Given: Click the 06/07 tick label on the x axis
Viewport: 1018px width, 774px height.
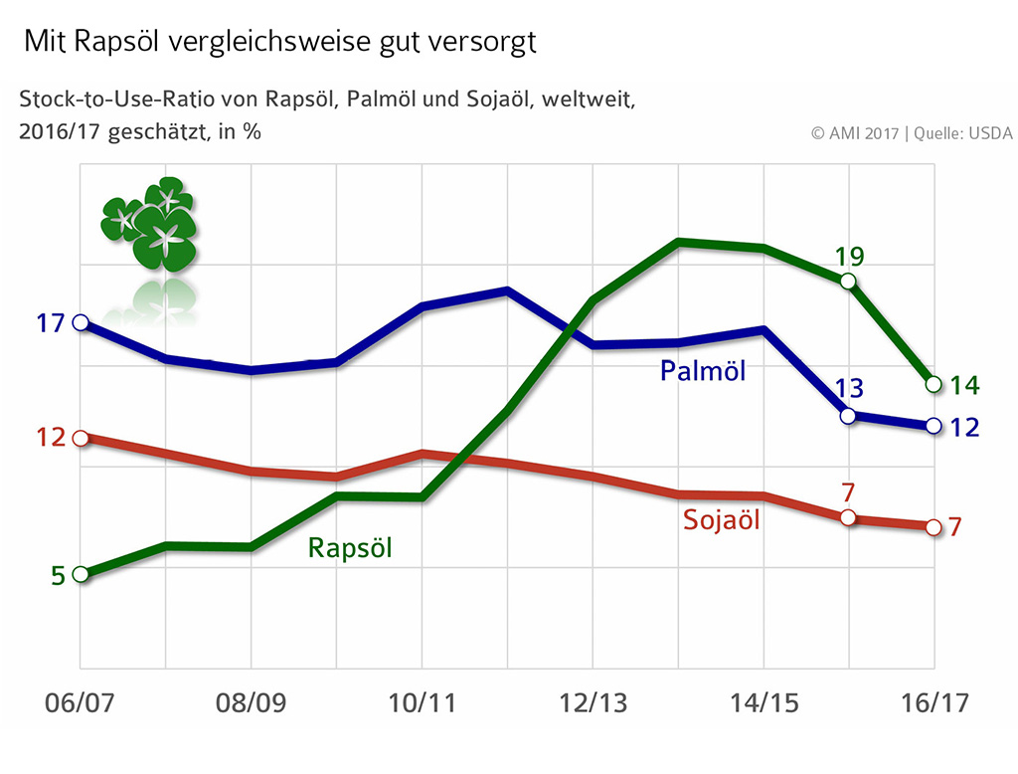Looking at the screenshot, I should click(x=80, y=703).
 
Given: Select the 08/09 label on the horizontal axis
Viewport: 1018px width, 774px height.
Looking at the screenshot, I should click(x=251, y=703).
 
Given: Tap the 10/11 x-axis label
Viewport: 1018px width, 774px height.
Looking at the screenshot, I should click(x=422, y=703).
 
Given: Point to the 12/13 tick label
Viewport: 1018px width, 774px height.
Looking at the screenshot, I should click(x=593, y=703).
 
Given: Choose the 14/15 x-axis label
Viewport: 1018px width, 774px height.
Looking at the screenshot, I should click(x=763, y=703).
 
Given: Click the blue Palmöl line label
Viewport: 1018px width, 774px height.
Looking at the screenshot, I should click(x=703, y=371).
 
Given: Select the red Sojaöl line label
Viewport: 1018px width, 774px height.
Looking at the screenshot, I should click(x=722, y=519).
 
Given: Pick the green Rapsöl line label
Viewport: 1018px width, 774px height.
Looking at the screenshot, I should click(x=350, y=548).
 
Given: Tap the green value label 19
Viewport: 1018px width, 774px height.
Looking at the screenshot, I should click(x=849, y=257).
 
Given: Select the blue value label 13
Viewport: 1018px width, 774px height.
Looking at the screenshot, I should click(x=849, y=389).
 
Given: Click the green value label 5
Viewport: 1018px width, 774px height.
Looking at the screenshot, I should click(x=57, y=575).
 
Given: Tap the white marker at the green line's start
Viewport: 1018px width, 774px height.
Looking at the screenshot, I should click(x=81, y=574).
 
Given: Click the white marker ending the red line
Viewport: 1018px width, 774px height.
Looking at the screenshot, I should click(x=933, y=527).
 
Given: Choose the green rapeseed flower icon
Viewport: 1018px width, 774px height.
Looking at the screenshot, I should click(x=150, y=224).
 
